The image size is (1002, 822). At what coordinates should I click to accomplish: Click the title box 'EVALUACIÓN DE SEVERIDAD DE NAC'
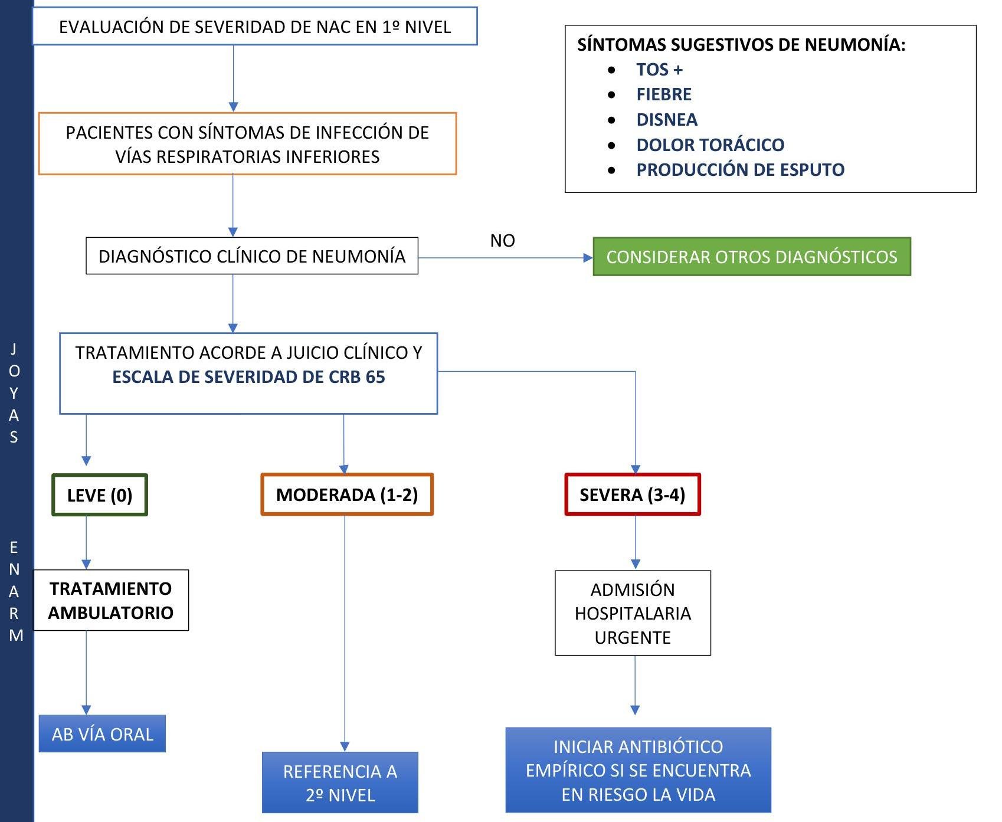click(254, 27)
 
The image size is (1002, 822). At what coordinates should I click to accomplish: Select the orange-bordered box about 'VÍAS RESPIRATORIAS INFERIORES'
click(247, 144)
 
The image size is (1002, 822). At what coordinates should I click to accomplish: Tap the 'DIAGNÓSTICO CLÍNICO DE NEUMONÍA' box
click(252, 256)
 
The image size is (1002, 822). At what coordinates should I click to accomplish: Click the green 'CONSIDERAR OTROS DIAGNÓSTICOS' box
click(751, 257)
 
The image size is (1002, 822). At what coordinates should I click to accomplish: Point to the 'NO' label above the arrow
click(502, 241)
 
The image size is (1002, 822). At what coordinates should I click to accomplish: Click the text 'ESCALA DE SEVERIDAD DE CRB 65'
click(248, 377)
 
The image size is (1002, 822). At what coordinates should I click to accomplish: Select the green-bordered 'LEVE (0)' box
click(100, 495)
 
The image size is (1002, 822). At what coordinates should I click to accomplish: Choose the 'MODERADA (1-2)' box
click(347, 494)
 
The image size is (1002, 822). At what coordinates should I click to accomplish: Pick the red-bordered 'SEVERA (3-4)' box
click(632, 494)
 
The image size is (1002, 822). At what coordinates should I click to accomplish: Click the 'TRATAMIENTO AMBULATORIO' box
click(111, 600)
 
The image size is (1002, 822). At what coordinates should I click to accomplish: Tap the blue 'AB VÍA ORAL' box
click(102, 734)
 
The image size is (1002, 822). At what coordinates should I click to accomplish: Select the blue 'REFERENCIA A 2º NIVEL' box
click(340, 782)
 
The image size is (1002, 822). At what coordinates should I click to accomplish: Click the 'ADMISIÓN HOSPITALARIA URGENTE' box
click(633, 613)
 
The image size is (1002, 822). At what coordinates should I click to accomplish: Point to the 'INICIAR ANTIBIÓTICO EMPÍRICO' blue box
click(638, 770)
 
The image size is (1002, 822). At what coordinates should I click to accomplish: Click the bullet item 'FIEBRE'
click(663, 94)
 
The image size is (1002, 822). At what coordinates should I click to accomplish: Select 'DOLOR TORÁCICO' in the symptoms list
click(710, 145)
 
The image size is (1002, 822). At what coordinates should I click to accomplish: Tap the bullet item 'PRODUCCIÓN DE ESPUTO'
click(740, 170)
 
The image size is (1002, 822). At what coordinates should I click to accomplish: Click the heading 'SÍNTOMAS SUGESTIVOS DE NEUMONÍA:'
click(741, 45)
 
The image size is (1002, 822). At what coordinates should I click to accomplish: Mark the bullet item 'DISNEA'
click(667, 120)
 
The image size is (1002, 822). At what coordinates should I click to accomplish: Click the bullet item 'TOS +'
click(659, 70)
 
